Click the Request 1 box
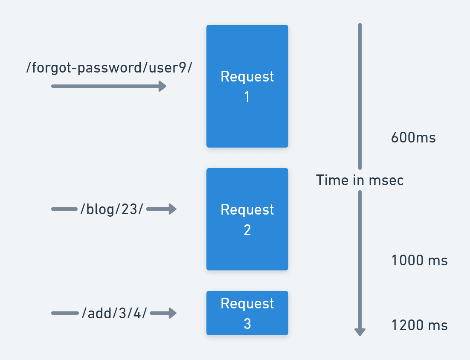point(247,86)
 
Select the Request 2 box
point(247,219)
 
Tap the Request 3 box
point(247,313)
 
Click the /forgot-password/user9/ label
point(110,67)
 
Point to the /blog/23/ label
point(112,209)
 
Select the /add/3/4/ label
point(114,314)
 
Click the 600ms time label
point(413,138)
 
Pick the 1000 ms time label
point(419,261)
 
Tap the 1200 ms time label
point(419,325)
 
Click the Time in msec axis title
point(360,180)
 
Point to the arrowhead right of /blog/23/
point(172,209)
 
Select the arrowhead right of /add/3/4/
point(172,314)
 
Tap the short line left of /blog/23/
point(64,209)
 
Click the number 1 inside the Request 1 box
point(247,97)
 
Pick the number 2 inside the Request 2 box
point(247,230)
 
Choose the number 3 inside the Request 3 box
point(247,324)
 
